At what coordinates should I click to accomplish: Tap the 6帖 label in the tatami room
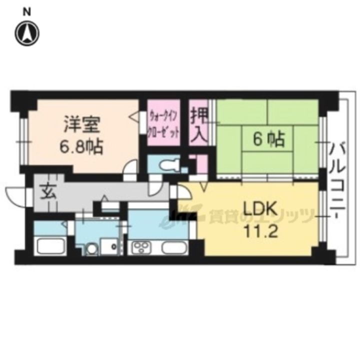tap(268, 139)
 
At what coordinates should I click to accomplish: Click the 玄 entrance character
tap(48, 192)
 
